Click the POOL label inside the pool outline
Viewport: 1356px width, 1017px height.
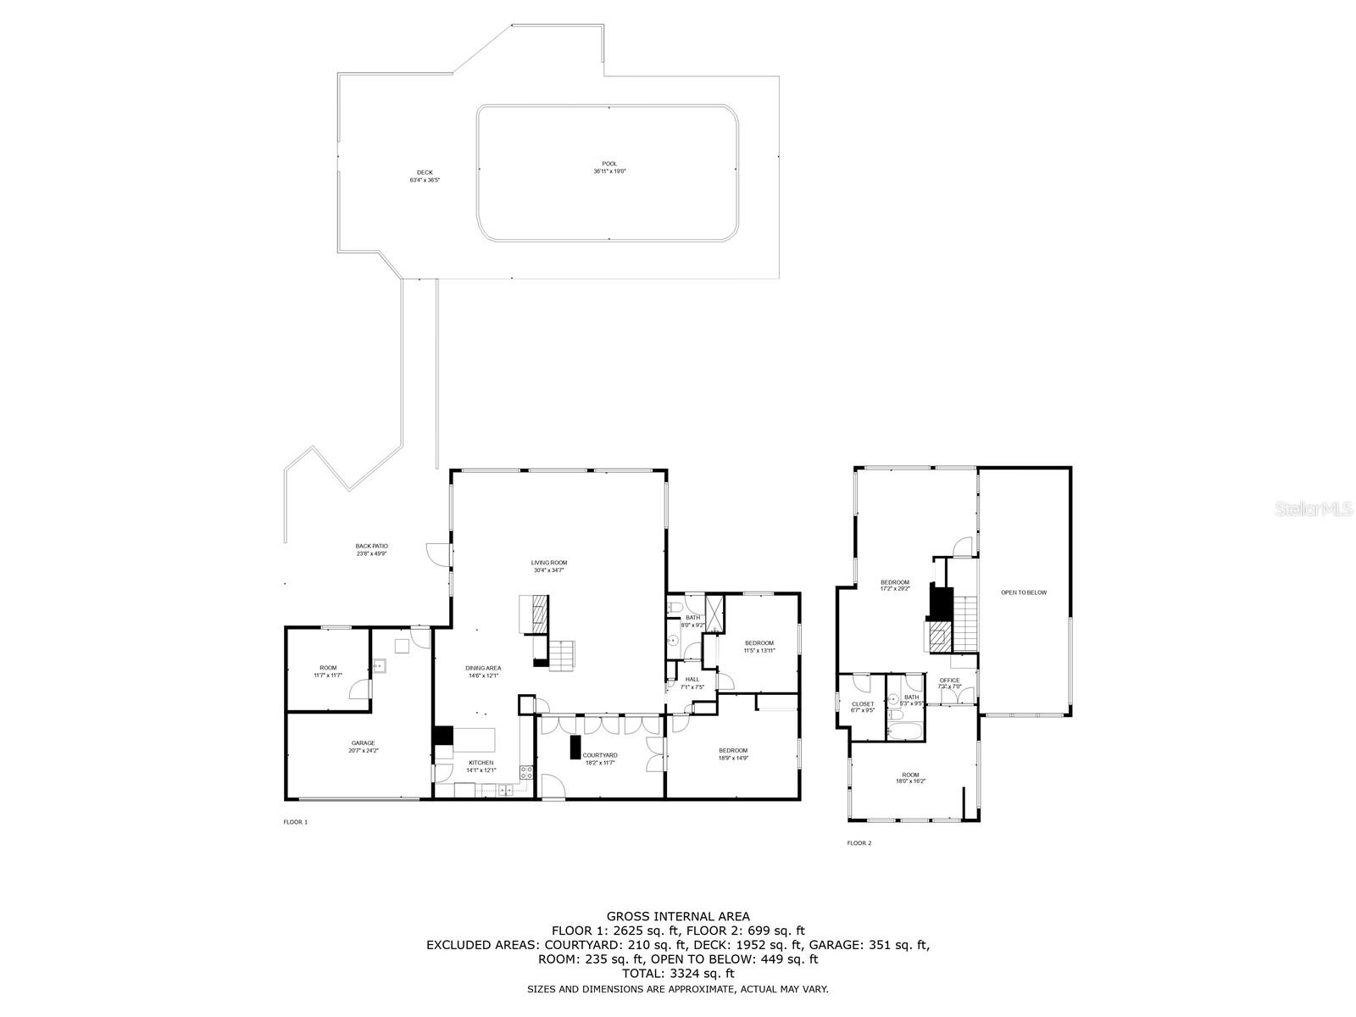609,164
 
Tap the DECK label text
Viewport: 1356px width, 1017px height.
425,172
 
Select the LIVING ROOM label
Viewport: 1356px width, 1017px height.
549,563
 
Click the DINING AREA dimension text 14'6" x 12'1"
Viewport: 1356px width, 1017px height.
483,675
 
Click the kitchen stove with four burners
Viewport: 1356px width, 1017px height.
525,772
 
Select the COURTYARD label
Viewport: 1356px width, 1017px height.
599,755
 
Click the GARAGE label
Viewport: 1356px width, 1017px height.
363,743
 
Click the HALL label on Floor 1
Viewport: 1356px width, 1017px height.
692,679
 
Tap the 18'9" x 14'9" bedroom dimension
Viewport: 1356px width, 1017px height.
733,759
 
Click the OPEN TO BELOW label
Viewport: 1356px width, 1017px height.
1024,592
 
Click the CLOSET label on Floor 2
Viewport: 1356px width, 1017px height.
863,703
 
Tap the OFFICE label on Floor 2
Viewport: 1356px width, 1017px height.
949,681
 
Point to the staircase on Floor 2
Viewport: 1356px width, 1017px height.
966,622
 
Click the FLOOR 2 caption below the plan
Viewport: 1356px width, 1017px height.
859,843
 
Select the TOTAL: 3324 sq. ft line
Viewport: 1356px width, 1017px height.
678,974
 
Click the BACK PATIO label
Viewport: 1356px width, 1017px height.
371,546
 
